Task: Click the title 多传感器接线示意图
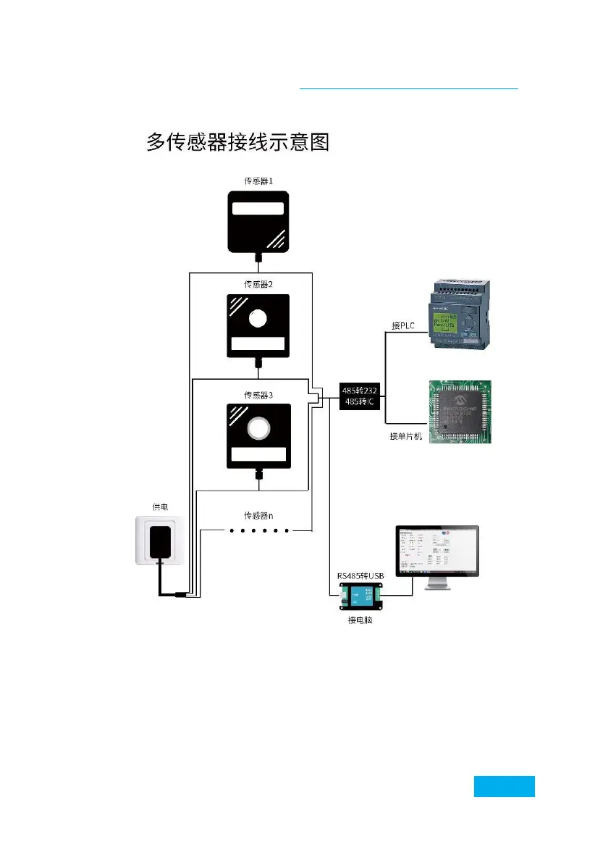click(x=238, y=141)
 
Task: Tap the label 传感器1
click(x=258, y=181)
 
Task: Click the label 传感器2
click(x=258, y=285)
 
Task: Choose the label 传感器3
click(x=258, y=395)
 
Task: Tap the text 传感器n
click(x=258, y=515)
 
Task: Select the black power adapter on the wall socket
click(x=160, y=541)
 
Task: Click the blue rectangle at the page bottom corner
click(x=504, y=786)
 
